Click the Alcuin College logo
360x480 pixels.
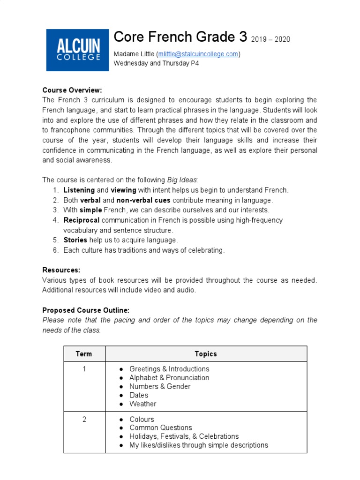pos(77,50)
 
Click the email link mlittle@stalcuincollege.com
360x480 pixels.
pos(198,54)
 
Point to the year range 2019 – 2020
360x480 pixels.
pos(270,39)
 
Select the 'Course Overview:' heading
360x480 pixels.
pos(72,90)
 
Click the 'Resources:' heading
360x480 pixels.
pos(61,270)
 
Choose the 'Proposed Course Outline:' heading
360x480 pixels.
pos(86,310)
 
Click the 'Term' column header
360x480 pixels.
pos(84,354)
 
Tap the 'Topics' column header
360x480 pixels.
pos(206,354)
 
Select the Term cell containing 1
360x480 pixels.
pos(84,369)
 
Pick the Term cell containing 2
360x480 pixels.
pos(84,419)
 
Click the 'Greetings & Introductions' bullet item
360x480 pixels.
pos(169,369)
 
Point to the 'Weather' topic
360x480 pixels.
pos(143,404)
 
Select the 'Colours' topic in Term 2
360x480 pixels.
pos(142,419)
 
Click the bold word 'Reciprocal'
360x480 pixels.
pos(81,220)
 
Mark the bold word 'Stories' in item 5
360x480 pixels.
pos(75,240)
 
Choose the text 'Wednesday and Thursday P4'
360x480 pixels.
pos(157,63)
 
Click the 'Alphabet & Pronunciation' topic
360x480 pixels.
pos(169,378)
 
